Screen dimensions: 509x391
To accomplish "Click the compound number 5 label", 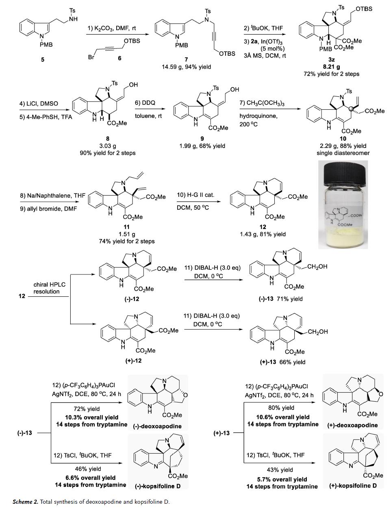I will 43,60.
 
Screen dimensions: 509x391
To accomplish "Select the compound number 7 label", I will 186,59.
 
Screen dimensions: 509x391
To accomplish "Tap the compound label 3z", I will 331,59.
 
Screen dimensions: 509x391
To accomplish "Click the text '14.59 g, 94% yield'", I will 186,67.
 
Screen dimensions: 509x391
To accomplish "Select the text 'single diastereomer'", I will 343,153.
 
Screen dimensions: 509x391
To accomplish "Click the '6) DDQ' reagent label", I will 145,103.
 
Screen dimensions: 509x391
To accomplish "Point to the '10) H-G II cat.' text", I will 195,195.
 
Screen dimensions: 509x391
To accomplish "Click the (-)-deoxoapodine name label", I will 157,426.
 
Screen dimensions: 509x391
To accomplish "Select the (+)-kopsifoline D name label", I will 353,485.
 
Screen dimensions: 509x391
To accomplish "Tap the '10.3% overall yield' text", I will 91,417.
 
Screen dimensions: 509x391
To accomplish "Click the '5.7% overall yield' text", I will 282,479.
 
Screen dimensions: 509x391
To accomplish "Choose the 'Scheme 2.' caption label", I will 25,502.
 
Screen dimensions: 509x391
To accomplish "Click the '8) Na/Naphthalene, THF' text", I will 52,196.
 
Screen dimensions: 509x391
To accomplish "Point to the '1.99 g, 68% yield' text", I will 202,146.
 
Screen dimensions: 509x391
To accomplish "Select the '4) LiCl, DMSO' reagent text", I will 39,104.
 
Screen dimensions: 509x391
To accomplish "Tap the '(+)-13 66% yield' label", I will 282,362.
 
